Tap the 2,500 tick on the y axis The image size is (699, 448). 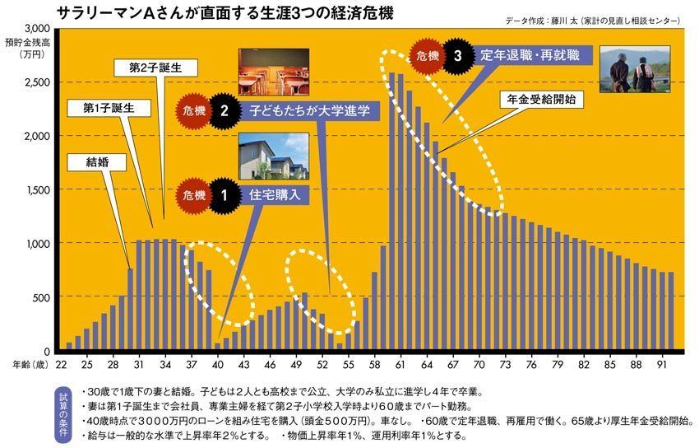point(34,82)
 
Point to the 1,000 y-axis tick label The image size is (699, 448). point(34,244)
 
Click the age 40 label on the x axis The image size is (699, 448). point(218,363)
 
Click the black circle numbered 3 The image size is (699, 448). point(457,55)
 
